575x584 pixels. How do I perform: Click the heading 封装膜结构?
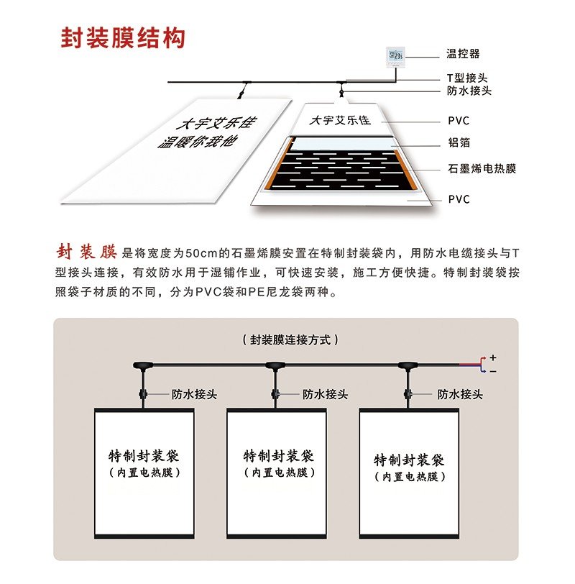pos(123,38)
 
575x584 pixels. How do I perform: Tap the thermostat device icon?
pos(395,57)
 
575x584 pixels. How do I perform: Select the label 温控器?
pos(463,54)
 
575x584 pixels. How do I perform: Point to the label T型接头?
pos(467,78)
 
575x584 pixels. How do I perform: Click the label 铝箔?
pos(459,142)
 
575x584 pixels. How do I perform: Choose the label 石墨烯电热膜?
pos(482,169)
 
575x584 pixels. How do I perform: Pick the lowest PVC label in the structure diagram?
pos(459,199)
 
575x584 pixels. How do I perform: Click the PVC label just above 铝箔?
pos(459,121)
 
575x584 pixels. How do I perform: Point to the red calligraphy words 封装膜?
pos(87,252)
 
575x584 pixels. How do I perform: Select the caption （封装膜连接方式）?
pos(290,340)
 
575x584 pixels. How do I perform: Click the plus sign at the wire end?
pos(493,357)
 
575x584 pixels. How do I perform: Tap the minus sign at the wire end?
pos(493,371)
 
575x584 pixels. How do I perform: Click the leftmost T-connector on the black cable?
pos(143,365)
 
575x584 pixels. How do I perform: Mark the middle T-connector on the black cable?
pos(276,365)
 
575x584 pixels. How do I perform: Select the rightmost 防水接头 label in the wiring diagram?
pos(460,394)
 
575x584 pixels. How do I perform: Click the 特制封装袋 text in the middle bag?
pos(278,456)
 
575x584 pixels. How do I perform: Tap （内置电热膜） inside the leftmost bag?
pos(144,473)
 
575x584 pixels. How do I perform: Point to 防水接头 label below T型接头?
pos(469,91)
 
